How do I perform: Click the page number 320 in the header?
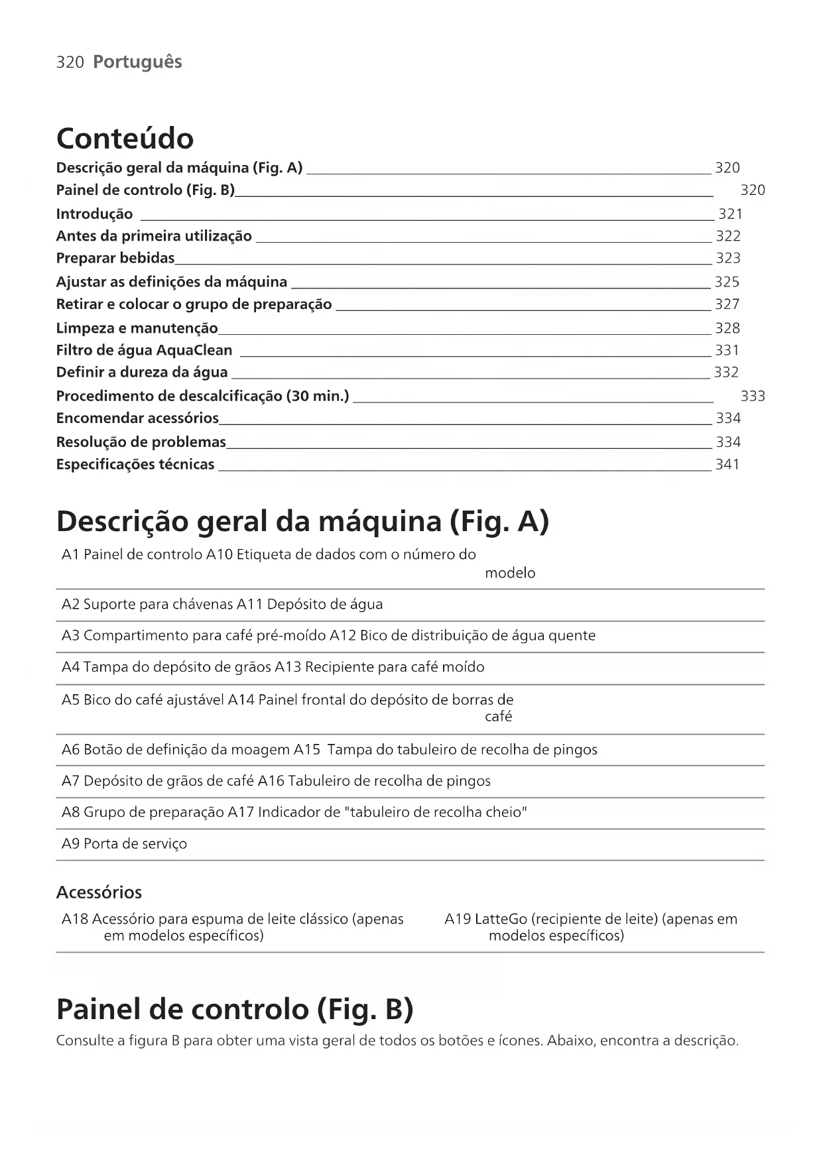click(x=70, y=62)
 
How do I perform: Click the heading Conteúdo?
click(x=125, y=139)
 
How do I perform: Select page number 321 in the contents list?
click(x=730, y=214)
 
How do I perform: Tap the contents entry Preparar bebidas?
click(x=115, y=258)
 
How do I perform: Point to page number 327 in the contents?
click(x=727, y=304)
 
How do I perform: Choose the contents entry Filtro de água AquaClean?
click(x=144, y=350)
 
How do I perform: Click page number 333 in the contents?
click(x=752, y=397)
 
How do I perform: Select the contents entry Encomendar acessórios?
click(x=137, y=418)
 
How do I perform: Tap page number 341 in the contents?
click(x=727, y=465)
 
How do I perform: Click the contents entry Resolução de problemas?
click(x=141, y=442)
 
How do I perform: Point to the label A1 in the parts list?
click(x=70, y=555)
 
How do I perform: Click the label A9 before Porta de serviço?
click(x=70, y=844)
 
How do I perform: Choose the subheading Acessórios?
click(x=99, y=892)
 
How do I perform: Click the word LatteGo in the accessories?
click(x=501, y=920)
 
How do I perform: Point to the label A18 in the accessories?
click(x=74, y=920)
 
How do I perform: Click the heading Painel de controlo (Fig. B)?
click(x=235, y=1010)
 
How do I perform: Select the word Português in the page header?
click(x=137, y=62)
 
